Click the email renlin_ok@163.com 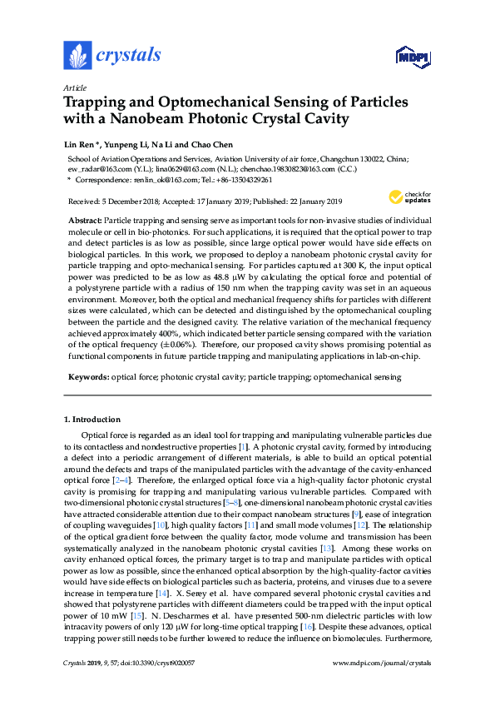pos(161,179)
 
